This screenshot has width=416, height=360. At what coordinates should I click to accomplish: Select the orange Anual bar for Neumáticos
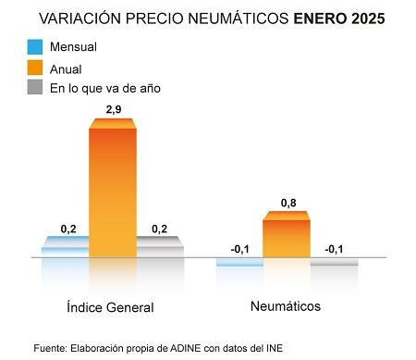tap(286, 237)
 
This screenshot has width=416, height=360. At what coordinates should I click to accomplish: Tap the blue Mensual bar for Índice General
tap(65, 248)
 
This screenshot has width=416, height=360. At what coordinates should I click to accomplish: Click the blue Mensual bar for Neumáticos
tap(239, 262)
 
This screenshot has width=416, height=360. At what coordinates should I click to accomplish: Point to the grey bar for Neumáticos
tap(333, 262)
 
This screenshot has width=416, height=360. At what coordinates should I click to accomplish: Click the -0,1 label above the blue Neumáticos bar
tap(239, 249)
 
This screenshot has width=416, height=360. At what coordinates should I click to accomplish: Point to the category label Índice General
tap(110, 307)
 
